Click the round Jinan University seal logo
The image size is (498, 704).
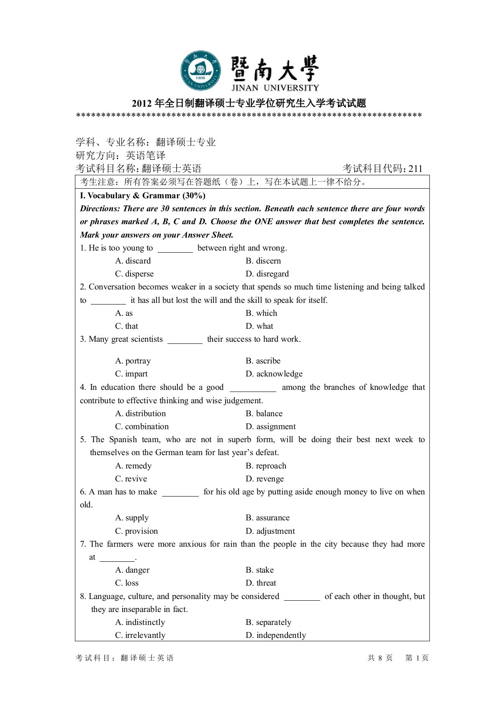[201, 71]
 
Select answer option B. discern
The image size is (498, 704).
[263, 261]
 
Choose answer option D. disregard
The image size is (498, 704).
[267, 274]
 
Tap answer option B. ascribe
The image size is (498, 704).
[263, 361]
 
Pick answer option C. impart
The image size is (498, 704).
[131, 374]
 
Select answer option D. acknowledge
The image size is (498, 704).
[274, 374]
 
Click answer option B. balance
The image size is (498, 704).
[264, 414]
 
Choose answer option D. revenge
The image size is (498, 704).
[264, 479]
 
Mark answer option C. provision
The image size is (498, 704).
[136, 531]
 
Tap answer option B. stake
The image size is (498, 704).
[259, 570]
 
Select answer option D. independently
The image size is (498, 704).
[276, 635]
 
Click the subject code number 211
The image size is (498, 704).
[416, 169]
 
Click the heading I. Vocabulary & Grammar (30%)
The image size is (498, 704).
[143, 195]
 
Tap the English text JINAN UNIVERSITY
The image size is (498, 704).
[275, 88]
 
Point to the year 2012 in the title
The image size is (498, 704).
[141, 103]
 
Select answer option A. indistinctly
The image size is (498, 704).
[140, 622]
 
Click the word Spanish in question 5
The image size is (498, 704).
[123, 440]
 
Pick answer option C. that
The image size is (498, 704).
[126, 326]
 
